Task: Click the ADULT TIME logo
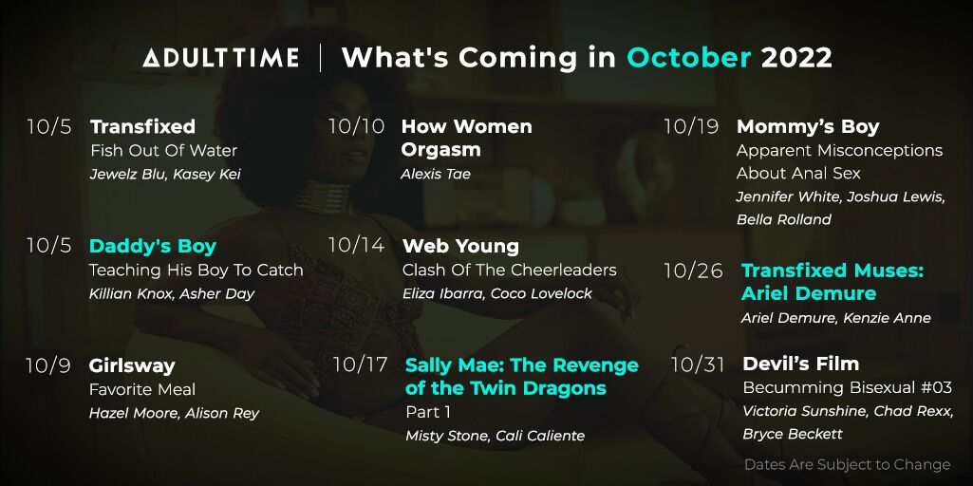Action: [221, 58]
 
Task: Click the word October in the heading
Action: [689, 58]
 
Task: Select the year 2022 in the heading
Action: [796, 58]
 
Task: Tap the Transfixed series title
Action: [142, 126]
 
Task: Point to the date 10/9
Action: [48, 365]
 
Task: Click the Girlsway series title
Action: [132, 366]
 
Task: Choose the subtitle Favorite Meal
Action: [142, 390]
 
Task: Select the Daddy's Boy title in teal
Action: [153, 247]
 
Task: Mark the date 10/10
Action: [356, 126]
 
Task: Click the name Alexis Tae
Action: [436, 174]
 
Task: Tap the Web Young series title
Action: [460, 247]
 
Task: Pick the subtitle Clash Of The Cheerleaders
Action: [510, 270]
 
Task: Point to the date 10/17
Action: [361, 364]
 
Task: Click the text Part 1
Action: [428, 412]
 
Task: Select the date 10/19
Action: [691, 126]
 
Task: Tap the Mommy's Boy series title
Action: [808, 127]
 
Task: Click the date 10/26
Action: [693, 271]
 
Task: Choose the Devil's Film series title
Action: [801, 364]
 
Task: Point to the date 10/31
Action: [698, 364]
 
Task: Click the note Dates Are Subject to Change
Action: [848, 464]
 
